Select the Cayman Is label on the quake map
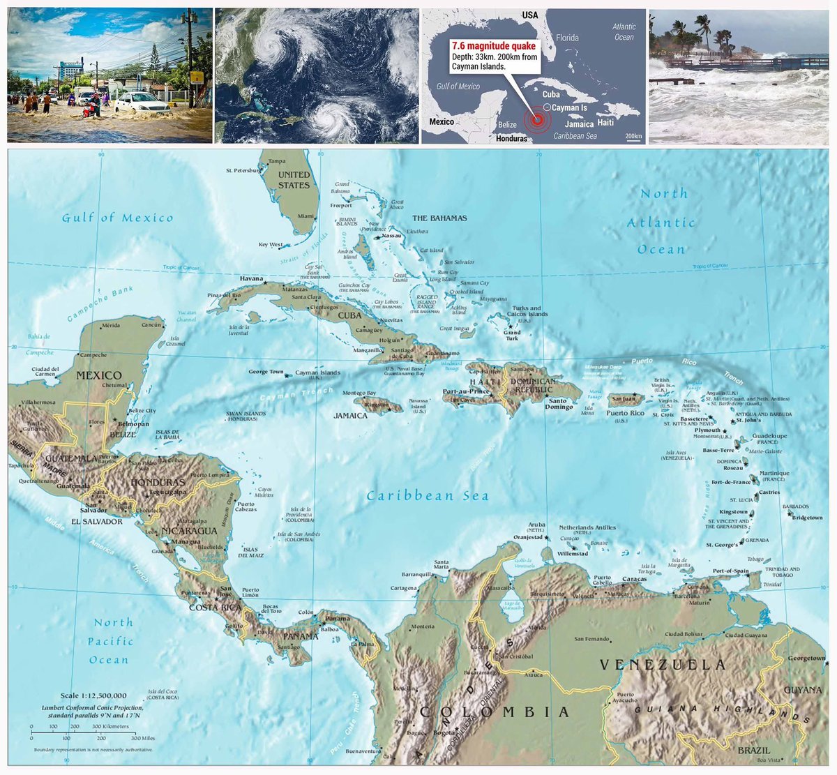[x=570, y=108]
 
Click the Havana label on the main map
[x=251, y=278]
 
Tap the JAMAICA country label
[x=350, y=415]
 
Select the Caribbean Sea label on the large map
[x=428, y=496]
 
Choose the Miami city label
[x=306, y=216]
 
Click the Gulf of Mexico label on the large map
[x=117, y=218]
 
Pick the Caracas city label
[x=635, y=579]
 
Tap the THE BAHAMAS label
[x=439, y=218]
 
